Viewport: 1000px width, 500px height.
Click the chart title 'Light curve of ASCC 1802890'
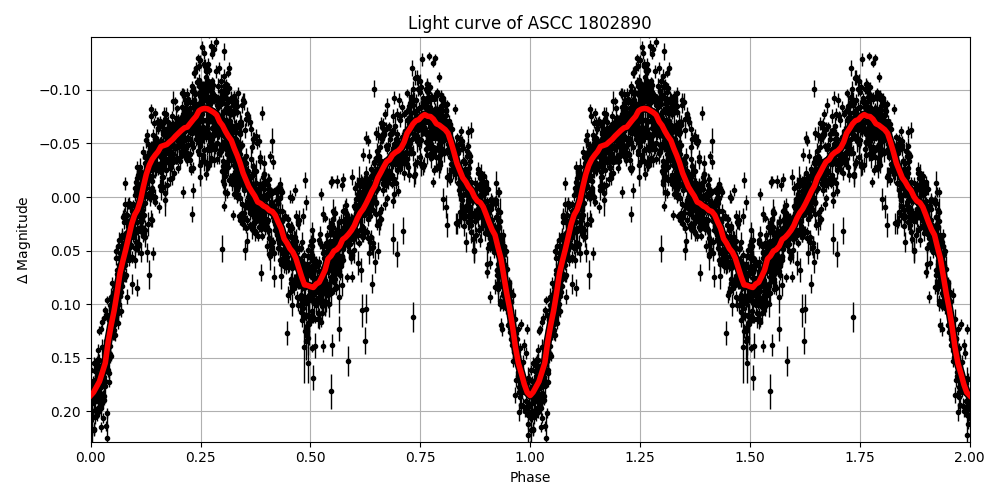coord(529,23)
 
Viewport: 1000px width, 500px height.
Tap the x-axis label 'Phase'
coord(530,477)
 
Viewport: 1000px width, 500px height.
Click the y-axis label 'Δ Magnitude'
coord(22,240)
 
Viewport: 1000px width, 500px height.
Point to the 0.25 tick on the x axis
coord(200,456)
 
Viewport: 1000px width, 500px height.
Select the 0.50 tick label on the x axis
coord(310,456)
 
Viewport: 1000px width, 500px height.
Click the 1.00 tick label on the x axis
coord(530,456)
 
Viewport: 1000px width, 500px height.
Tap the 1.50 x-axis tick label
coord(750,456)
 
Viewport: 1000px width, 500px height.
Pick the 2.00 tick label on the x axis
coord(969,456)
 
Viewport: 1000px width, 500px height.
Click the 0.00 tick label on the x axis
coord(91,456)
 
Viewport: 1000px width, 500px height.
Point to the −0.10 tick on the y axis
coord(63,90)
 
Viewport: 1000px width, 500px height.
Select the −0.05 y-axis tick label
coord(63,144)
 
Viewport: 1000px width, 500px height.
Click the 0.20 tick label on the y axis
coord(67,412)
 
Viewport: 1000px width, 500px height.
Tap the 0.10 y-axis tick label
coord(67,305)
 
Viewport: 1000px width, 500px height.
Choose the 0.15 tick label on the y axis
coord(67,358)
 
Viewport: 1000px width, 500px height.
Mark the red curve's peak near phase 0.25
coord(205,108)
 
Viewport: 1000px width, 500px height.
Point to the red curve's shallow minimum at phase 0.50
coord(312,286)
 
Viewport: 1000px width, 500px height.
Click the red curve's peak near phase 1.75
coord(864,116)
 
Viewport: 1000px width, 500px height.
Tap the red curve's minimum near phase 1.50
coord(751,286)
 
